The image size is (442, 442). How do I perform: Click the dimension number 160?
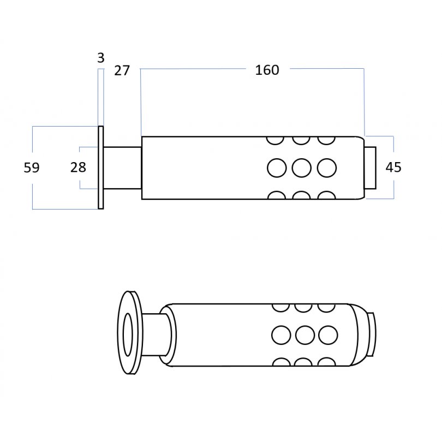(267, 70)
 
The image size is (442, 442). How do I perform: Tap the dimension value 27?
(122, 70)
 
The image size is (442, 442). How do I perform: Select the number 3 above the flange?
(100, 58)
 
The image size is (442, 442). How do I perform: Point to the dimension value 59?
(32, 168)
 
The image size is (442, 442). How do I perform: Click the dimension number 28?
(78, 168)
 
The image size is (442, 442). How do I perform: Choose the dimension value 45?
(393, 167)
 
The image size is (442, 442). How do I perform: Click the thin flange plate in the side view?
(100, 168)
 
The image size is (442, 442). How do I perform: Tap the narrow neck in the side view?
(122, 168)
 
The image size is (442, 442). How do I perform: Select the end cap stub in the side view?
(370, 168)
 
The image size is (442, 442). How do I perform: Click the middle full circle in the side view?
(302, 168)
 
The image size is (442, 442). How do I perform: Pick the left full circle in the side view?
(277, 168)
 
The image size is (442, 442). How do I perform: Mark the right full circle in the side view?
(327, 168)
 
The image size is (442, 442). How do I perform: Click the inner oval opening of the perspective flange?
(128, 335)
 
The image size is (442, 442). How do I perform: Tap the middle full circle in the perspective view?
(305, 335)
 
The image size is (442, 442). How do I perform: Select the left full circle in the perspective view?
(281, 335)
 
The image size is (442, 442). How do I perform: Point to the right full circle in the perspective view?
(328, 335)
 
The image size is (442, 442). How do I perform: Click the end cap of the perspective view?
(372, 335)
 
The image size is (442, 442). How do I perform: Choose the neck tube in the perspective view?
(157, 335)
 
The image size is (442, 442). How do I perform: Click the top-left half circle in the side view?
(275, 141)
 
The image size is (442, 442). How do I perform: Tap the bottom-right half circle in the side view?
(326, 195)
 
